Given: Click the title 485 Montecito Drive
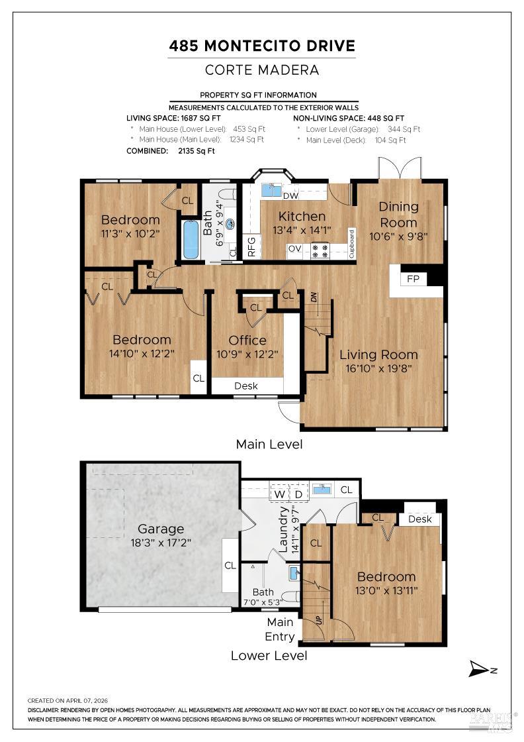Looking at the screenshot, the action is (262, 46).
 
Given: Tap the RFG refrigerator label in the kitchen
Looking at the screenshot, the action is (251, 246).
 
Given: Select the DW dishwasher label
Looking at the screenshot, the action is (290, 195).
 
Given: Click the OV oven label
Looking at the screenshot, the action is (295, 248).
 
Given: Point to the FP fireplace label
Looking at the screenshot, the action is (413, 279).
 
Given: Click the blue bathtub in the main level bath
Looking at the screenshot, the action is (191, 239).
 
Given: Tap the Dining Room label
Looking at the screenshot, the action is (399, 215).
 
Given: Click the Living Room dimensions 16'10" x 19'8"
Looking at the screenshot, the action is (378, 368).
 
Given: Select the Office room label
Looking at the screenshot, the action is (247, 341).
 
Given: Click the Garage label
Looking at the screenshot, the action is (161, 529).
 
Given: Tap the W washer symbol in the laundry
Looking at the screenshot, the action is (280, 494).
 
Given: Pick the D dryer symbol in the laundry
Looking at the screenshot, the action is (298, 494).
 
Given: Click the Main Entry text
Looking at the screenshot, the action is (280, 629).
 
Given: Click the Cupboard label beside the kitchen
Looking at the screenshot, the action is (351, 244).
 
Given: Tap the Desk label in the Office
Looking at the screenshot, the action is (246, 386).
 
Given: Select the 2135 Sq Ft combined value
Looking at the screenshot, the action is (196, 151).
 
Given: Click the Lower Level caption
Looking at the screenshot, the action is (269, 656).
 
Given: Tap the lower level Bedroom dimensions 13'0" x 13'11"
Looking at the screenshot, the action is (386, 590).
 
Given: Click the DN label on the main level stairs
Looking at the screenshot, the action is (314, 297).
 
